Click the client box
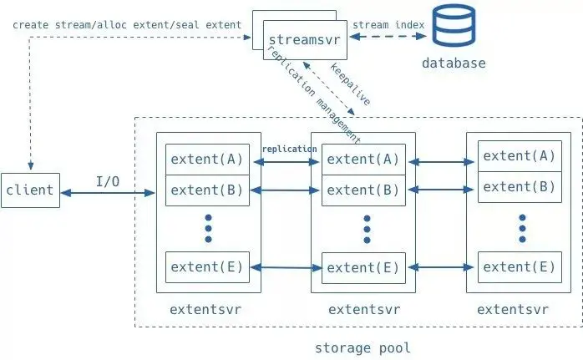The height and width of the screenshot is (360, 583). click(x=31, y=190)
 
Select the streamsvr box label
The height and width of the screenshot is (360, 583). click(x=305, y=40)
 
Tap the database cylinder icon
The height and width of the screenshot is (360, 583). click(x=454, y=25)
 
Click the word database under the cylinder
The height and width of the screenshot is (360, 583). click(x=454, y=63)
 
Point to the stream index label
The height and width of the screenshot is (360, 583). click(x=388, y=25)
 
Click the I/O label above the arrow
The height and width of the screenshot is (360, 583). click(x=108, y=181)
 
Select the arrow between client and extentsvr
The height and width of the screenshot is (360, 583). click(x=108, y=193)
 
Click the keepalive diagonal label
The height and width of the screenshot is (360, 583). click(x=350, y=84)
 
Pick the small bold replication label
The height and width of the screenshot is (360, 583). click(x=290, y=150)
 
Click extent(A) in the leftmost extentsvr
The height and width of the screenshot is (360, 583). click(x=207, y=160)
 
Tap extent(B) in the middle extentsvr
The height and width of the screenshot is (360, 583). click(x=363, y=190)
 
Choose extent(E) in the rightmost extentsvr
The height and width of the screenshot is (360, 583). click(x=520, y=267)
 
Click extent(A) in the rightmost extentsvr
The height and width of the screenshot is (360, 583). click(x=520, y=156)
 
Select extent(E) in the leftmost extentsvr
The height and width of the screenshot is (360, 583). click(x=207, y=267)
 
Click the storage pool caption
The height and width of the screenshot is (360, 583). click(x=362, y=348)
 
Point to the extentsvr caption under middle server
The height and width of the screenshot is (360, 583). click(x=364, y=309)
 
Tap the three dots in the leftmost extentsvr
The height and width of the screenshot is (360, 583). click(x=208, y=228)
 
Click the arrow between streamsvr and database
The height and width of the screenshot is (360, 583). click(x=388, y=36)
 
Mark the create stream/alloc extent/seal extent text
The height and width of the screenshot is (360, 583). click(x=127, y=25)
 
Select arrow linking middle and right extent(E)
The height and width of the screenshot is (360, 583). click(x=441, y=267)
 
